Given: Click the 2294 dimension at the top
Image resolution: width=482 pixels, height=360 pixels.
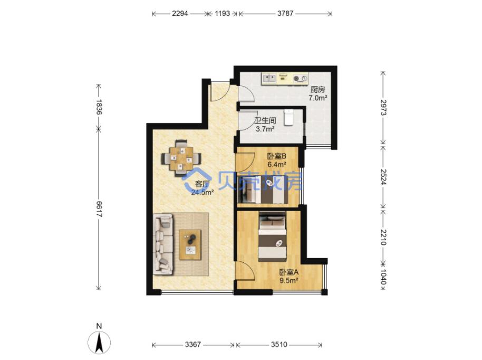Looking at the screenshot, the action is pyautogui.click(x=180, y=13).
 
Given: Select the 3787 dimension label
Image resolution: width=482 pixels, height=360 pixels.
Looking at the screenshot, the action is pyautogui.click(x=285, y=13).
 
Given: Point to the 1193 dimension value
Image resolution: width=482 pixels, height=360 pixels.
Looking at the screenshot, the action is pyautogui.click(x=222, y=13).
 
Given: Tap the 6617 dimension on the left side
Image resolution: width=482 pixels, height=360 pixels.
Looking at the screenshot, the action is pyautogui.click(x=99, y=209).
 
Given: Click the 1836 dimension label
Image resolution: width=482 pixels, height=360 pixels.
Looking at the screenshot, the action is pyautogui.click(x=99, y=107).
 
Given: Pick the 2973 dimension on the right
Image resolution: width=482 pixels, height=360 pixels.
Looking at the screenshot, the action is pyautogui.click(x=383, y=107).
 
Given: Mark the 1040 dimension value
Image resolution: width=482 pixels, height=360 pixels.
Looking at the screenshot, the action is pyautogui.click(x=383, y=277).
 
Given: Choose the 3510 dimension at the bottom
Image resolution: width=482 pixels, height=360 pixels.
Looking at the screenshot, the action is pyautogui.click(x=279, y=344).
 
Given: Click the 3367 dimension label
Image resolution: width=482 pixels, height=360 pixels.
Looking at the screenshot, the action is pyautogui.click(x=193, y=344).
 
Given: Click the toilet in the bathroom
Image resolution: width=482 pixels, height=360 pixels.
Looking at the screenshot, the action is pyautogui.click(x=288, y=117).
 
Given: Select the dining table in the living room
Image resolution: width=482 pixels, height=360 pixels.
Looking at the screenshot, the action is pyautogui.click(x=181, y=158).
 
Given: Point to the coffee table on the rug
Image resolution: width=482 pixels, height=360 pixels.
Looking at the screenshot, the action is pyautogui.click(x=190, y=244).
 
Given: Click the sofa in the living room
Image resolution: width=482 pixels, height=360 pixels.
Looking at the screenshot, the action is pyautogui.click(x=163, y=244).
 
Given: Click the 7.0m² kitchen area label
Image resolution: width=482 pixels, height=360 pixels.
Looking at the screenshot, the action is pyautogui.click(x=317, y=98).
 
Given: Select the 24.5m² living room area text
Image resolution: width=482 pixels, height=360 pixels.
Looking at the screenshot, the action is pyautogui.click(x=203, y=193).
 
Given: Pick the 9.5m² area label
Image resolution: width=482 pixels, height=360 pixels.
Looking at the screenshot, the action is pyautogui.click(x=288, y=280).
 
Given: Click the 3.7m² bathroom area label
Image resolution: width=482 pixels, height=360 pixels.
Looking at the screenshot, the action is pyautogui.click(x=265, y=129).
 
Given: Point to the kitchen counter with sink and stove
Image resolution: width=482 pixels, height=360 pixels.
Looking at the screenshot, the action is pyautogui.click(x=285, y=78).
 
